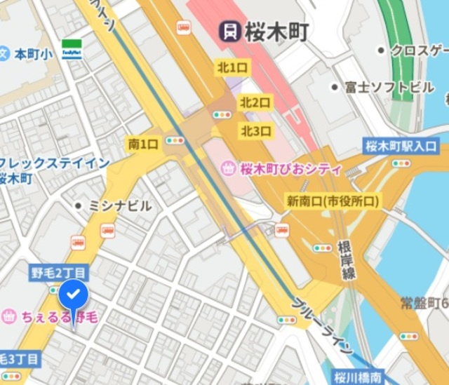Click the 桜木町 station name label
tap(276, 31)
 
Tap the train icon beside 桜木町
tap(229, 31)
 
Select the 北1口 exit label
tap(232, 68)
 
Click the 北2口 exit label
tap(255, 102)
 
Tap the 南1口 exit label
tap(143, 144)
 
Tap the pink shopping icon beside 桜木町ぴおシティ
tap(228, 169)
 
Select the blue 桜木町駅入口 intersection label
tap(401, 147)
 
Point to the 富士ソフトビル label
tap(389, 88)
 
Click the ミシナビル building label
tap(120, 205)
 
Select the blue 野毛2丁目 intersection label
tap(59, 272)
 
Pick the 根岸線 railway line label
tap(346, 260)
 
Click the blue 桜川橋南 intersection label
tap(356, 377)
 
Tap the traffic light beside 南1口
tap(174, 141)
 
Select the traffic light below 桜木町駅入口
tap(401, 163)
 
